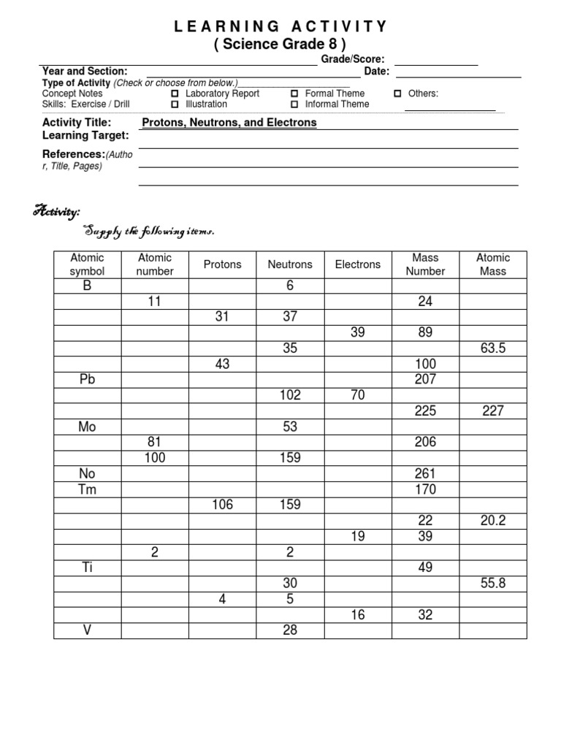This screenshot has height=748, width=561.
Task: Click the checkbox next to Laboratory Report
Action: (175, 93)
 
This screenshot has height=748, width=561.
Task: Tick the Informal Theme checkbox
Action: (294, 104)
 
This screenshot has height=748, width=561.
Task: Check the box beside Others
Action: (397, 93)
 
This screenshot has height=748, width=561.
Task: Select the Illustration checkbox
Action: (175, 104)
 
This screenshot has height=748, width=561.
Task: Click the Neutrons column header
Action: (290, 264)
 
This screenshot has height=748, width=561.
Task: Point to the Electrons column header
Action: (358, 264)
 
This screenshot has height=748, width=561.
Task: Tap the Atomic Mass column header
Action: (493, 264)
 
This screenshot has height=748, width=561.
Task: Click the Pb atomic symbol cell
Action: (88, 379)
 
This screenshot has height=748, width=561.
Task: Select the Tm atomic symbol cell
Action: (88, 489)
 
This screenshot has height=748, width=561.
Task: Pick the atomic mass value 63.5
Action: (493, 348)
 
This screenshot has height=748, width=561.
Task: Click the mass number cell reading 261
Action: (425, 474)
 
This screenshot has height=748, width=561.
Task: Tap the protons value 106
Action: (222, 505)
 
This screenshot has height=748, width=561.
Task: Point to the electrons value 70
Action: (358, 395)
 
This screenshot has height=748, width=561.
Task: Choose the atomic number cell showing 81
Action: (154, 442)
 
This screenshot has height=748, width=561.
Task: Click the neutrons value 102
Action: (290, 395)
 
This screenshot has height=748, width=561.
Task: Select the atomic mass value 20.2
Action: (493, 521)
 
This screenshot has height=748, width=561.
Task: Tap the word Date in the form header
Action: (376, 71)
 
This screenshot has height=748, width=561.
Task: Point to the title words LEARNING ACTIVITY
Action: (280, 27)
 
